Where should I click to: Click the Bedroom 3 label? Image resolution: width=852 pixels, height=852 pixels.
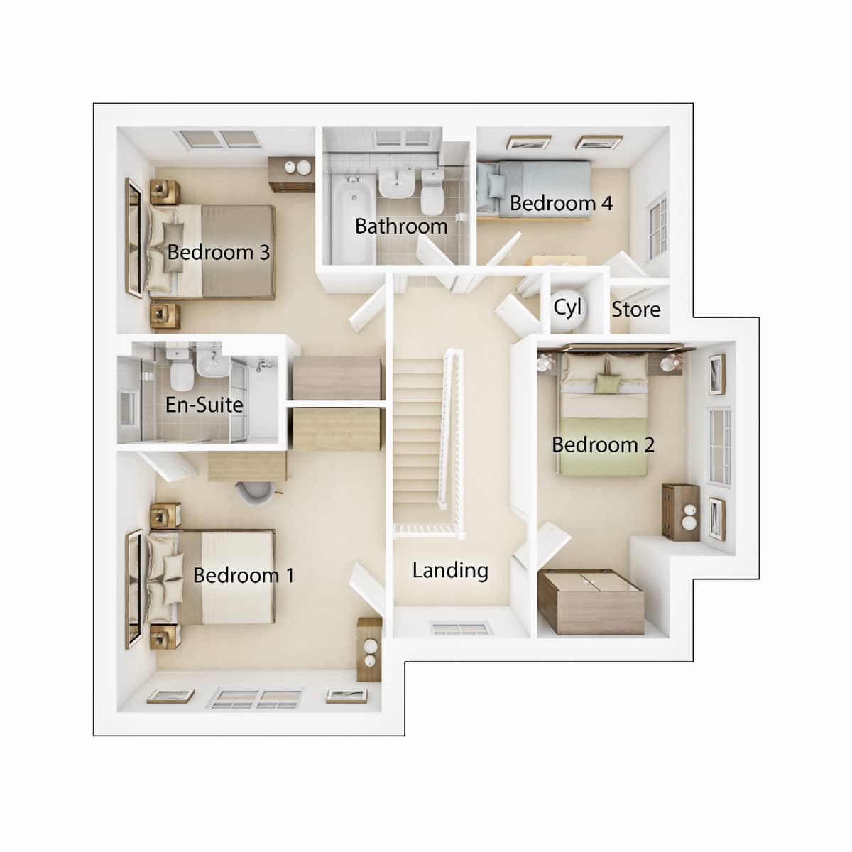(219, 252)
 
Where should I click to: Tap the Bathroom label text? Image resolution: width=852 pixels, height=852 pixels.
(401, 226)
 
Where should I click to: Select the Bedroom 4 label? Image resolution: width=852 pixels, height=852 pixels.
(561, 203)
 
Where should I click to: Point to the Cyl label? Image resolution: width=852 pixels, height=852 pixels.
(567, 308)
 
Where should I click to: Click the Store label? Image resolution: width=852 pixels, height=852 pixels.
(635, 310)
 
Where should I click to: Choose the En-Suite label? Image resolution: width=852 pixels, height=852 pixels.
(204, 405)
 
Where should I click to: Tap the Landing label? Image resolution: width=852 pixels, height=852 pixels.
(450, 570)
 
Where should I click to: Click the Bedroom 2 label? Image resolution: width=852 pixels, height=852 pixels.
(603, 445)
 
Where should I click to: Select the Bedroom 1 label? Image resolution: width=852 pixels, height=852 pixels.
(243, 575)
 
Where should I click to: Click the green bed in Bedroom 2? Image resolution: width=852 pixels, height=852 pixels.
(603, 419)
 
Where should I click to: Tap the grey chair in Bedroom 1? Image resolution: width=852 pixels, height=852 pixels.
(254, 492)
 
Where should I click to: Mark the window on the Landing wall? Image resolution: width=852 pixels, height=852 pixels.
(460, 628)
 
